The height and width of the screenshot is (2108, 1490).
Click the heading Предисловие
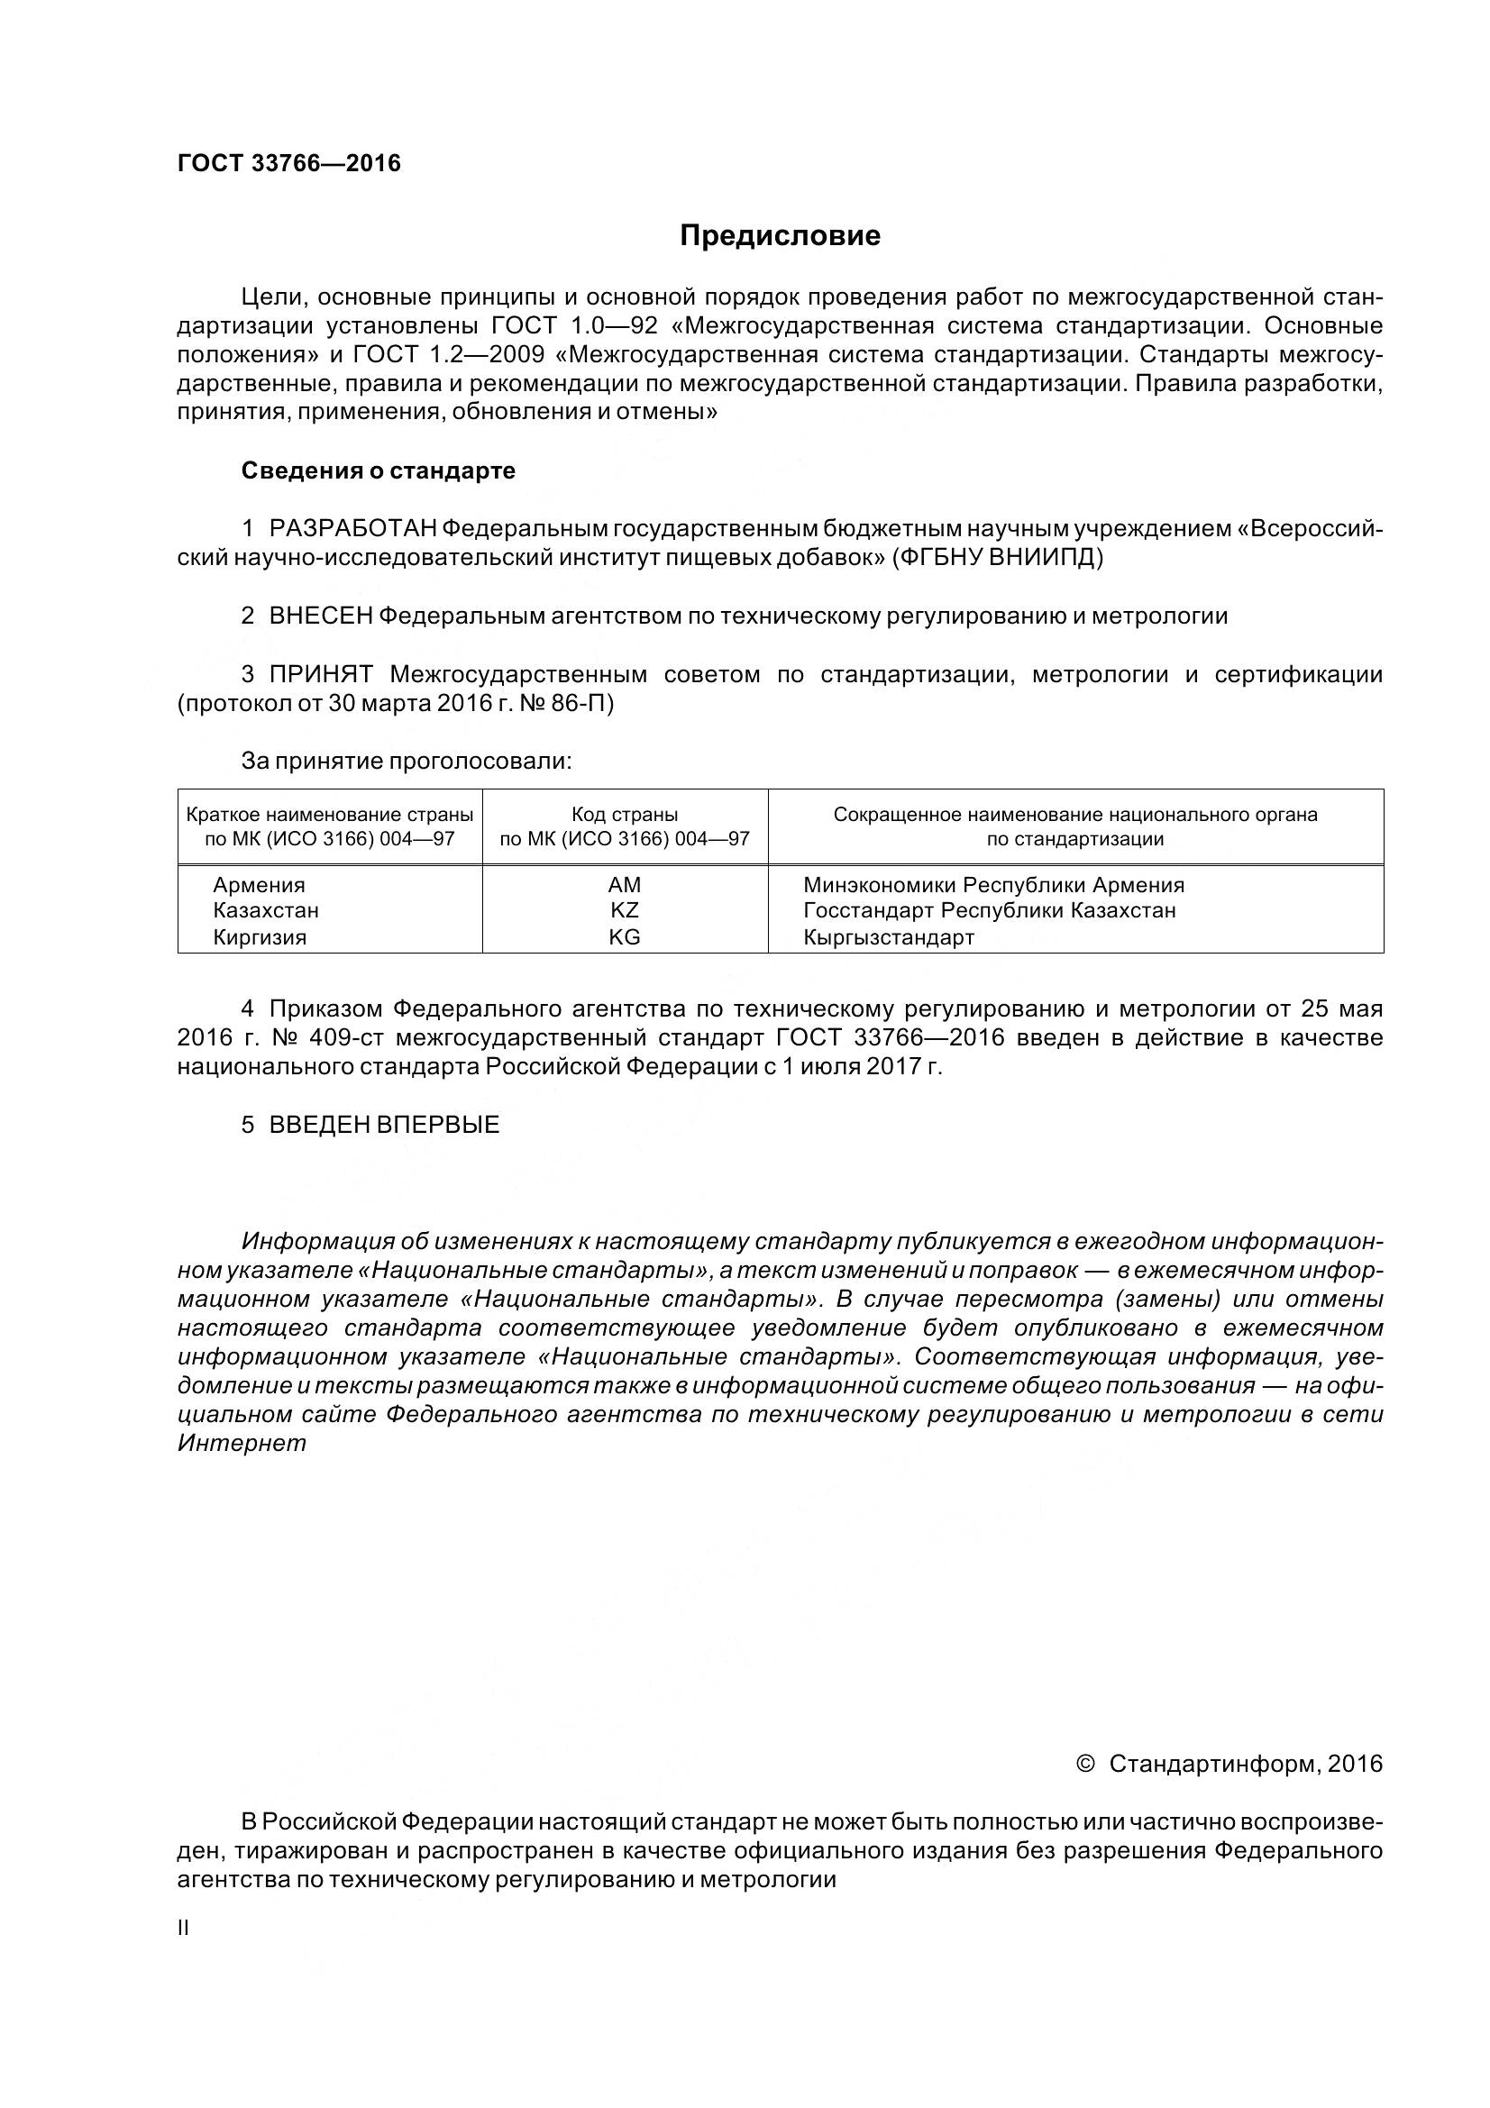(780, 236)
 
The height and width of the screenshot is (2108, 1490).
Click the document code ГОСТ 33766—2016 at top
(289, 163)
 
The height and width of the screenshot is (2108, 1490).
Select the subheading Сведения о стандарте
(379, 471)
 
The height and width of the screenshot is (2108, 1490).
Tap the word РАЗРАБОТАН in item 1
(353, 528)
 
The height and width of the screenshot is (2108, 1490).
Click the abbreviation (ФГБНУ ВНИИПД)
(997, 557)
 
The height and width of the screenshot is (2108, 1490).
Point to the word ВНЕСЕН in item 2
(320, 616)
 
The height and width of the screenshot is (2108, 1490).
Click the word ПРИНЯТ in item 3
(320, 675)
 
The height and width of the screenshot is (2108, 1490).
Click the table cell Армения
(259, 885)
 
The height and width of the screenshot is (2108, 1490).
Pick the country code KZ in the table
(625, 911)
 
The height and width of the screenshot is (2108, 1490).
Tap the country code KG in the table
(625, 937)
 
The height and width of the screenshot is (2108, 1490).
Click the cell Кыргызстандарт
(888, 937)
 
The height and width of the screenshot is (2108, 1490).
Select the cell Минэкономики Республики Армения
(993, 885)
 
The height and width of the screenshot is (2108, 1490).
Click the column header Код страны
(625, 815)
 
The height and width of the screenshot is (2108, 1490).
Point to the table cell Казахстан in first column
(265, 911)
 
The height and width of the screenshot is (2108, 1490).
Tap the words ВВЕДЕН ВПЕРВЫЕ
(384, 1126)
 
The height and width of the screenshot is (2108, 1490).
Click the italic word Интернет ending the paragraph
(242, 1443)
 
